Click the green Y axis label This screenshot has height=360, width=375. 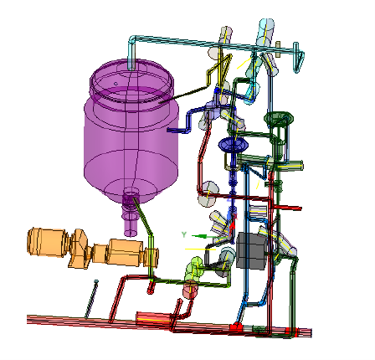pyautogui.click(x=183, y=235)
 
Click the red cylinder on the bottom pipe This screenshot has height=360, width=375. pyautogui.click(x=153, y=318)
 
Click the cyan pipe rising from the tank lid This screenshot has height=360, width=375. pyautogui.click(x=132, y=50)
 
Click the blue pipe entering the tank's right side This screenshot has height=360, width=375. pyautogui.click(x=188, y=130)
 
